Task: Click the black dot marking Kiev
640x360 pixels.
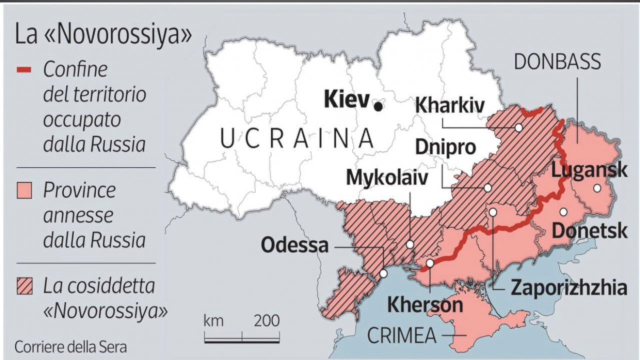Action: (378, 106)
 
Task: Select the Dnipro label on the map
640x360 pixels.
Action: (444, 148)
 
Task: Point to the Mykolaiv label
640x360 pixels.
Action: (387, 177)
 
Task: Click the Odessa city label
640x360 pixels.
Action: (295, 245)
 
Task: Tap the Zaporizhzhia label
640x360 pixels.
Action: (568, 288)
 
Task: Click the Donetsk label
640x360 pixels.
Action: (589, 231)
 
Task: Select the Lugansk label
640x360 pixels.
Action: (589, 170)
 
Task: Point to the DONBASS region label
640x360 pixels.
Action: (557, 62)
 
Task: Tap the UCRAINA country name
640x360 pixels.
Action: (297, 138)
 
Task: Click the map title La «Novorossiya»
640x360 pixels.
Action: (103, 36)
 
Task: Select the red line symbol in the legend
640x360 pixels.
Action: (24, 69)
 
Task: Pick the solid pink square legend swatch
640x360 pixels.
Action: (24, 190)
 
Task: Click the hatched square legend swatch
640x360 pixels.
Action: (24, 287)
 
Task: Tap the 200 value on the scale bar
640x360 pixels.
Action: (266, 321)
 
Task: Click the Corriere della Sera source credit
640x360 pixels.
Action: (70, 346)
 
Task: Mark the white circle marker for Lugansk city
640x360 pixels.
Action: (596, 188)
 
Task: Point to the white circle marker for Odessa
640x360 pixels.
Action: (383, 273)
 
